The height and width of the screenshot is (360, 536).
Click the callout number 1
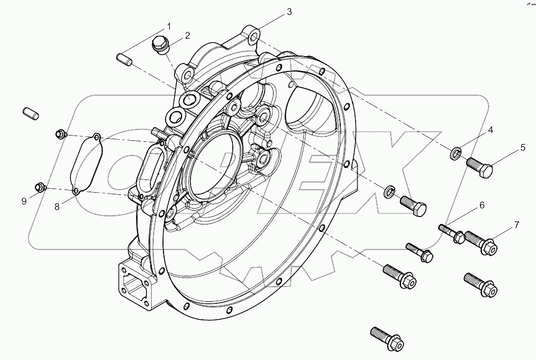[x=169, y=26]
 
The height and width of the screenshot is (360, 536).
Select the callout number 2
[x=187, y=36]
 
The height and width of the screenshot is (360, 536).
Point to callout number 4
[x=490, y=130]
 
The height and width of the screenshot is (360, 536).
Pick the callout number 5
[x=523, y=147]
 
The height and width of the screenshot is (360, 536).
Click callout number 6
[x=482, y=205]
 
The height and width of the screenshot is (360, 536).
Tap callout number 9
[x=24, y=201]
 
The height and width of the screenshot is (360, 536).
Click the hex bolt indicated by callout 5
[x=480, y=167]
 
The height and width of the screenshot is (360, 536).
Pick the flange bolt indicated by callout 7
[x=481, y=244]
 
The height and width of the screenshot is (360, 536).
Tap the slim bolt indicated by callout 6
[x=451, y=233]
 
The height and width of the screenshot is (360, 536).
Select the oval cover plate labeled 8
[x=87, y=164]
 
